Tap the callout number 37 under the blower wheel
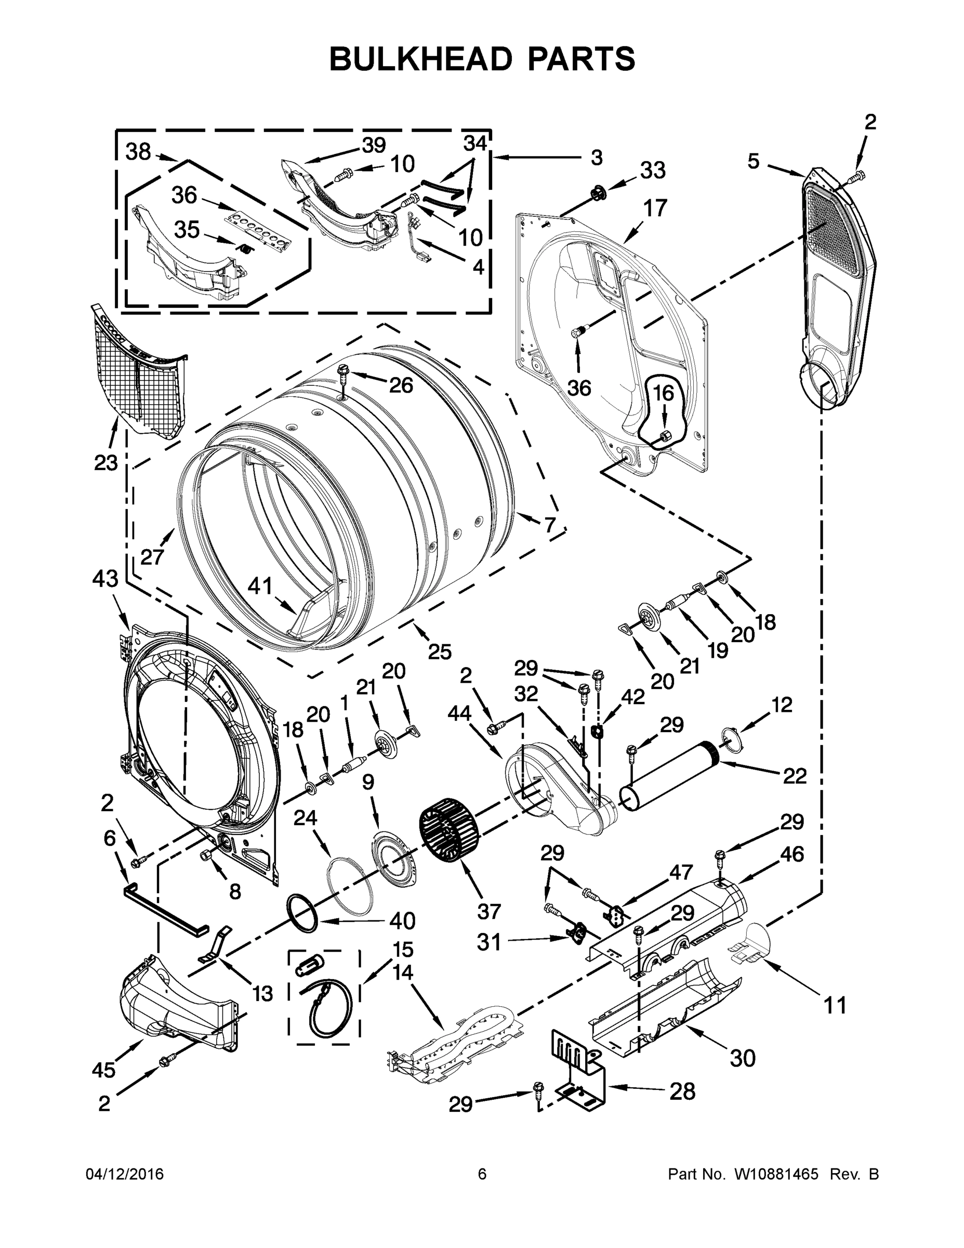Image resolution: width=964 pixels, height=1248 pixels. [489, 912]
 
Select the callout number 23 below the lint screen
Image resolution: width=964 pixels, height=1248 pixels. [106, 462]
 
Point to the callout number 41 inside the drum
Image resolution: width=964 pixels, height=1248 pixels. [260, 586]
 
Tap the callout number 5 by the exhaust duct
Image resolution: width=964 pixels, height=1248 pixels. [754, 162]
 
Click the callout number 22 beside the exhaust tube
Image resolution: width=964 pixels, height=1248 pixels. [795, 776]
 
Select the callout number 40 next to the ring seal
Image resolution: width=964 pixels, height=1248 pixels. [402, 921]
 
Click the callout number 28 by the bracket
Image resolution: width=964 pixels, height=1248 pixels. [682, 1092]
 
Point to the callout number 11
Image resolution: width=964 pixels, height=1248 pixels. [835, 1005]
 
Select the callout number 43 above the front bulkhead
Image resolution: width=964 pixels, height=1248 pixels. [105, 579]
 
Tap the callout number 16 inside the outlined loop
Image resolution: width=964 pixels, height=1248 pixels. [663, 393]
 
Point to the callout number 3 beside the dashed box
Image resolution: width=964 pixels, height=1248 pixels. [596, 158]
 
